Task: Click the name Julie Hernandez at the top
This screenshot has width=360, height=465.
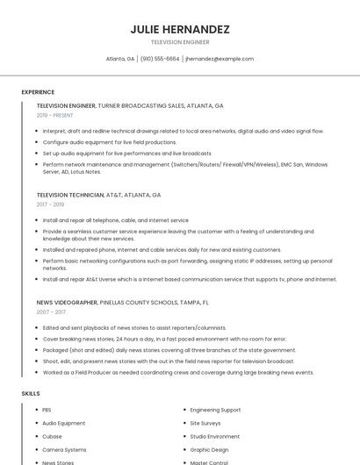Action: click(x=180, y=30)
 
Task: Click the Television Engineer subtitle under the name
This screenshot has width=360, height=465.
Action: click(x=180, y=42)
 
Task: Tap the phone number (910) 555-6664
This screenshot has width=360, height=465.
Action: click(x=160, y=59)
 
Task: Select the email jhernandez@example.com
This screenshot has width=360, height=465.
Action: click(x=220, y=59)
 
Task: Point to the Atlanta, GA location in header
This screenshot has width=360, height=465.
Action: click(x=120, y=59)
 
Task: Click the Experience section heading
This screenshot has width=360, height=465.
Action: click(x=38, y=92)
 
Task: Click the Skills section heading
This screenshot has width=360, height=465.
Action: click(x=31, y=394)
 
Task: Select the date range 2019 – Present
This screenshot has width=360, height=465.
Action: click(x=54, y=115)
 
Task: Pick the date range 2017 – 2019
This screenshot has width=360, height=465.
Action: click(x=52, y=204)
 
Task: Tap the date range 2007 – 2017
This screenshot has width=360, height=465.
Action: click(x=51, y=311)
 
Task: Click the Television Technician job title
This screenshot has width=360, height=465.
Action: click(x=69, y=195)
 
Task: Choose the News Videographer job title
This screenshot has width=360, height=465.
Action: click(x=68, y=302)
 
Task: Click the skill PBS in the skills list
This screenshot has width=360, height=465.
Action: click(x=47, y=410)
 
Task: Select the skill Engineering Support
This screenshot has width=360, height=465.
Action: click(x=215, y=410)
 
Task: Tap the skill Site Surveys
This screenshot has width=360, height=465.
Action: click(x=205, y=423)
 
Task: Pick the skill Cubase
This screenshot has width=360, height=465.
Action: click(x=52, y=436)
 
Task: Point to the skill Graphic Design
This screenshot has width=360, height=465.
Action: click(x=209, y=449)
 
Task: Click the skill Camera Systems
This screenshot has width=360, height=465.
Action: click(x=64, y=449)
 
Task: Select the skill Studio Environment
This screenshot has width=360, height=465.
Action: click(x=214, y=436)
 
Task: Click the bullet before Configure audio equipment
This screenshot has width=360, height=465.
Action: click(x=37, y=141)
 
